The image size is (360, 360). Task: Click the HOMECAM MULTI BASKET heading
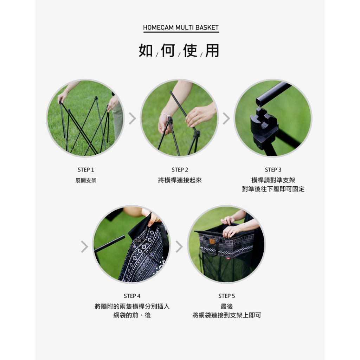tap(181, 27)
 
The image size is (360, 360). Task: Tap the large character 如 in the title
tap(146, 50)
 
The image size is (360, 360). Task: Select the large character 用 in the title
tap(212, 50)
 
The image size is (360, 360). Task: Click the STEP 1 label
tap(86, 170)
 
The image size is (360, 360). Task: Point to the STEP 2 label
tap(180, 170)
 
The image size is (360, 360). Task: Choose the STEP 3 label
tap(273, 170)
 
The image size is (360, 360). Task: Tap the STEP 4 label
tap(132, 296)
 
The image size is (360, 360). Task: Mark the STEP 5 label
tap(227, 296)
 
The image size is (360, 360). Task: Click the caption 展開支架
tap(86, 180)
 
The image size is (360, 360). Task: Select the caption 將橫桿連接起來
tap(180, 180)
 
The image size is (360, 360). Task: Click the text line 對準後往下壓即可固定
tap(273, 189)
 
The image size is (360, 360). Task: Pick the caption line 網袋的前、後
tap(132, 315)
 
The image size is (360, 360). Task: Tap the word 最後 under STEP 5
tap(227, 306)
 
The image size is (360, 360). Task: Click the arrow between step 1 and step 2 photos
tap(133, 118)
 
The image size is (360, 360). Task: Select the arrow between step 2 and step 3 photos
tap(226, 118)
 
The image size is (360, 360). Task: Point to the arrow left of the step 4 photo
tap(84, 247)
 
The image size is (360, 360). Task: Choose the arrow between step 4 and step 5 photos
tap(179, 247)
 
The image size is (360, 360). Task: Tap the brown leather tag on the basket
tap(212, 241)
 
